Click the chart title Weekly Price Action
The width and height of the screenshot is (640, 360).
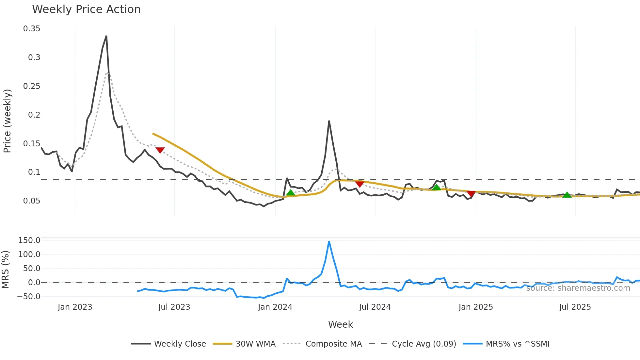86,9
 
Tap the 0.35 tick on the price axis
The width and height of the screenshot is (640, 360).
32,29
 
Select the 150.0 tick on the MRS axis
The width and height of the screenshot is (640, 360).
29,240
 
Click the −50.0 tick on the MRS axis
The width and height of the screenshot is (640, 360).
29,297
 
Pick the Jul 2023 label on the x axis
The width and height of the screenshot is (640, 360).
174,307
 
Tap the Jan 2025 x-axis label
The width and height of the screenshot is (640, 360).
475,307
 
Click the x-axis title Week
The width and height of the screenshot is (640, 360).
340,324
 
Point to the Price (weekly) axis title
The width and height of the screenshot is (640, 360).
7,121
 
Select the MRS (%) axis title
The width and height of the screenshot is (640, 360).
5,270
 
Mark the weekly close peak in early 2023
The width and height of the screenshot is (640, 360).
106,36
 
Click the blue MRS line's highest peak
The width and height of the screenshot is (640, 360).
329,242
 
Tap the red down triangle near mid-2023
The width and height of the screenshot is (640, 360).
160,150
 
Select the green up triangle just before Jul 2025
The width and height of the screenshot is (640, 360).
567,195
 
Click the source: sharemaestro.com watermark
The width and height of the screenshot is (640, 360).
578,288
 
